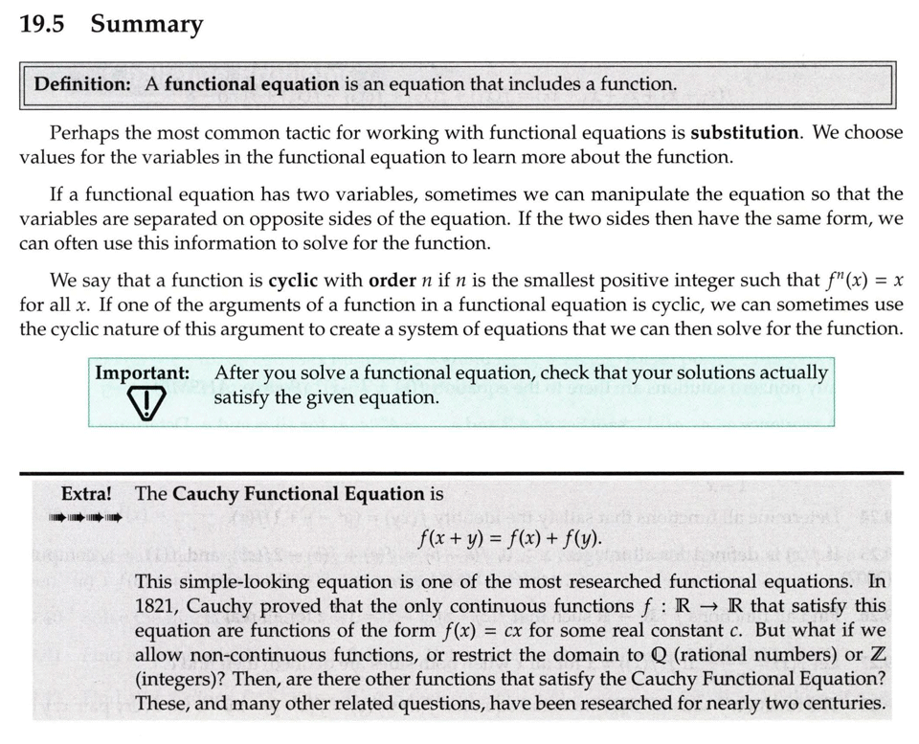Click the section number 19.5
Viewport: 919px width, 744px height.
tap(41, 24)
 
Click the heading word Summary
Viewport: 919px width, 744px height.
tap(146, 24)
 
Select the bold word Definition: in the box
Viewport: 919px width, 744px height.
tap(83, 84)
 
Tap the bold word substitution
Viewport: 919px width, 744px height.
tap(745, 132)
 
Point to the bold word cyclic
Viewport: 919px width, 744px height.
tap(299, 282)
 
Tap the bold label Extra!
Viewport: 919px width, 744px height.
tap(86, 494)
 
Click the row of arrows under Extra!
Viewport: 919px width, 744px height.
tap(86, 519)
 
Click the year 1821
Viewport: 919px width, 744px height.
tap(158, 606)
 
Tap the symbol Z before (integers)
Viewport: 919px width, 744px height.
tap(876, 655)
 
